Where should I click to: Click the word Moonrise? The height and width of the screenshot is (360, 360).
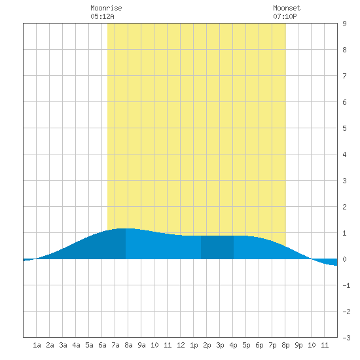106,8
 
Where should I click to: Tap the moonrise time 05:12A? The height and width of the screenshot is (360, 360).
102,16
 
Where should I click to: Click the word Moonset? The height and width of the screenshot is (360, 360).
287,8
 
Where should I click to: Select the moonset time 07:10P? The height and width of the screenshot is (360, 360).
285,16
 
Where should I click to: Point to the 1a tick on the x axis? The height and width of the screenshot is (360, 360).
37,345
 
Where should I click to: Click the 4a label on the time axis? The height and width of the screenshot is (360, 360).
76,345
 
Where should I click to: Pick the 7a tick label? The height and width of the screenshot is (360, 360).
115,345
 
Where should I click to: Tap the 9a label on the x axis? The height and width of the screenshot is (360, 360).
141,345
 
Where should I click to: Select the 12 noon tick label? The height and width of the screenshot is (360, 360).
181,345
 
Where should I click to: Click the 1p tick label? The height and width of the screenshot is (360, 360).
194,345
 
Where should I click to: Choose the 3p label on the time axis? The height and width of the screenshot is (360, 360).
220,345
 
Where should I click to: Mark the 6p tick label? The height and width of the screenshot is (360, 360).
259,345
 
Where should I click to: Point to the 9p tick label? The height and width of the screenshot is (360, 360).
298,345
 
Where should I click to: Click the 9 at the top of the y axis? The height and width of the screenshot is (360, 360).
344,24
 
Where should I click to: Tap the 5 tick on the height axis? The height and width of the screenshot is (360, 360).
344,128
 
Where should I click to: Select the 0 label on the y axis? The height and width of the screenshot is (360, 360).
344,259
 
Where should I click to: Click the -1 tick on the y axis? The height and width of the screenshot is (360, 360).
346,285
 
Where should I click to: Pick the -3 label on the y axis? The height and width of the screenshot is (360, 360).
346,338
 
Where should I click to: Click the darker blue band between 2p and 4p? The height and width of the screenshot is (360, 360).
217,247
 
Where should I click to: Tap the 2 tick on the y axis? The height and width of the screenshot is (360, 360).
344,207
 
